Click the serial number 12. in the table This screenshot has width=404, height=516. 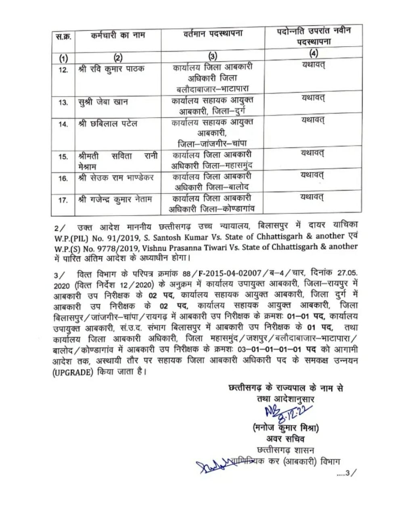tap(63, 70)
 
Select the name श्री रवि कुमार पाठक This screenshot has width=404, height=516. tap(111, 69)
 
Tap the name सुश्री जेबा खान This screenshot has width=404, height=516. tap(103, 102)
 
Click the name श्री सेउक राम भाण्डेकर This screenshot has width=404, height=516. tap(116, 177)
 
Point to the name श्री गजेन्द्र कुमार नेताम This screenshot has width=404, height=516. tap(115, 199)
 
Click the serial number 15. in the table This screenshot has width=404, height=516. tap(63, 157)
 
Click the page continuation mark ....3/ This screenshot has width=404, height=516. tap(347, 473)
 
